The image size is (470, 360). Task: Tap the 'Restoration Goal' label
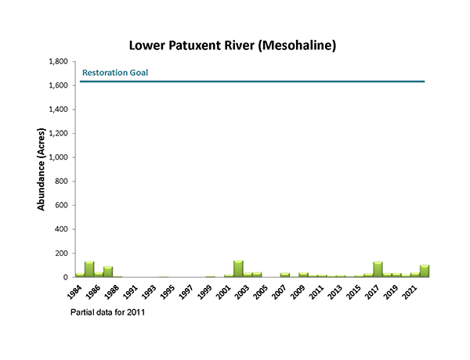tap(115, 73)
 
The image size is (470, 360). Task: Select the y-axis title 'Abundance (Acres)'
tap(41, 169)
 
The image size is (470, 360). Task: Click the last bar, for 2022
tap(425, 271)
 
